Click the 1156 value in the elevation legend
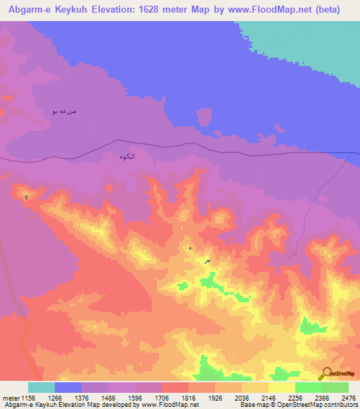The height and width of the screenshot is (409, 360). click(x=28, y=397)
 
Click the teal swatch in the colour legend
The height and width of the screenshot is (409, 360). click(x=41, y=387)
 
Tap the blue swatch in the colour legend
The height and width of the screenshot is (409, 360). click(x=68, y=387)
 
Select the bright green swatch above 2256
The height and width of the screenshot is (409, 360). click(x=308, y=387)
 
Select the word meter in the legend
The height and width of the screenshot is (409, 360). click(x=9, y=397)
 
